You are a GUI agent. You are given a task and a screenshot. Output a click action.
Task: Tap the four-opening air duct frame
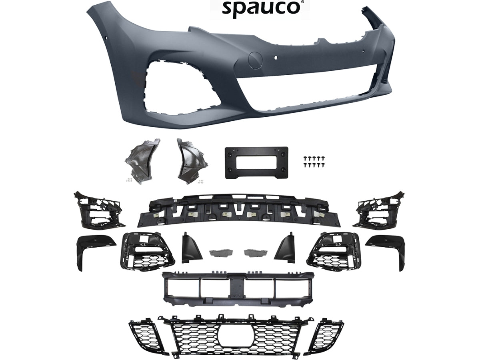tap(238, 288)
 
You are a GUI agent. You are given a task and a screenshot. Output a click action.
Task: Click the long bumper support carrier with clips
tap(238, 210)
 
